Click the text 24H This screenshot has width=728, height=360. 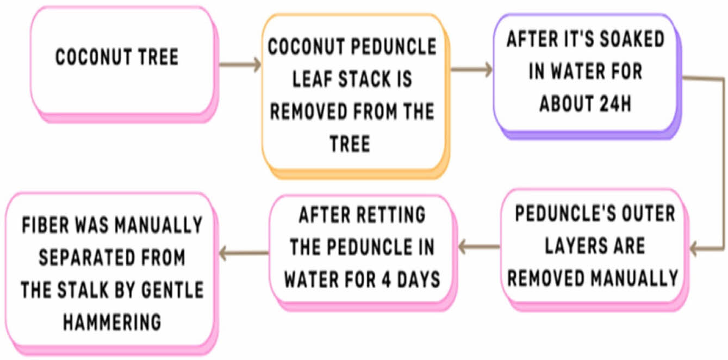pyautogui.click(x=613, y=104)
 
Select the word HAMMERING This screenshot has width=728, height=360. pyautogui.click(x=112, y=322)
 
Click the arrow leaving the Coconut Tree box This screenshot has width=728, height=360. pyautogui.click(x=240, y=65)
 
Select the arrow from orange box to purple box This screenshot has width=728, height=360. pyautogui.click(x=471, y=69)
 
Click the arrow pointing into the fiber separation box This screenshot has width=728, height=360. pyautogui.click(x=245, y=252)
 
